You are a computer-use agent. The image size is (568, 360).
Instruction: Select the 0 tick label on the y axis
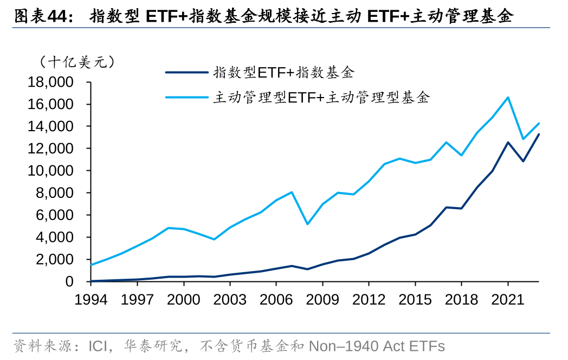69,282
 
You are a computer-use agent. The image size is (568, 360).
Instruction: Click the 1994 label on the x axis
90,298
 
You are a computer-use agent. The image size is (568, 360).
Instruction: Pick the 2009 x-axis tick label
322,298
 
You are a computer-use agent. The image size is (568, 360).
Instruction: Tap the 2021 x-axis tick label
508,298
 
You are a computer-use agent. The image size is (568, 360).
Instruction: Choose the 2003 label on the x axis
229,298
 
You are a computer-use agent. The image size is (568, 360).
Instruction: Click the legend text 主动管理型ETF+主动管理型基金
321,98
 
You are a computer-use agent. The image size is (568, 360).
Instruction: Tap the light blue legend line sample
186,98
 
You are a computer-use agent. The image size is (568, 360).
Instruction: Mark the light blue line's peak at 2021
508,98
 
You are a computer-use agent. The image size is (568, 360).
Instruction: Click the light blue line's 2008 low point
307,224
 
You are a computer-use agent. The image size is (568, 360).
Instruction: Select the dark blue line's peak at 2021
508,143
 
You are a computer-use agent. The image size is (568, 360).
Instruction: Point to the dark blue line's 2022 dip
523,161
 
